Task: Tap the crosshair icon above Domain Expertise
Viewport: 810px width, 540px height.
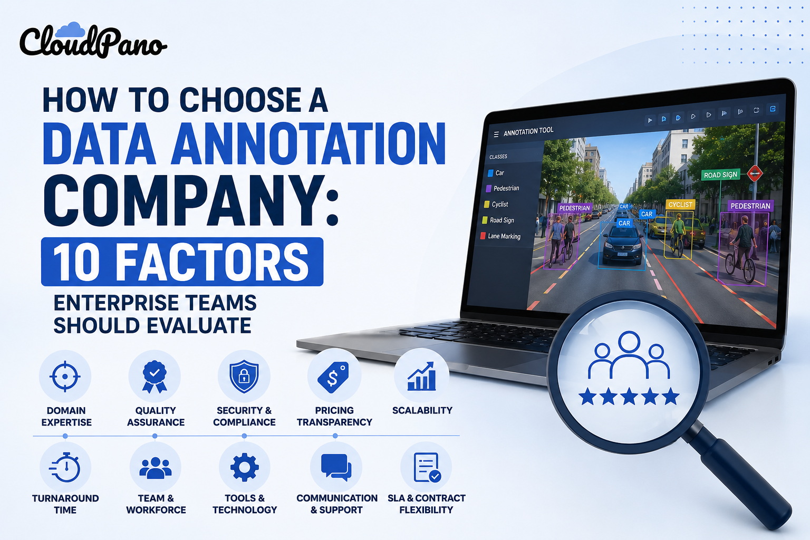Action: (x=65, y=376)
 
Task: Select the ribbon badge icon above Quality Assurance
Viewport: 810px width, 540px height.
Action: (x=155, y=377)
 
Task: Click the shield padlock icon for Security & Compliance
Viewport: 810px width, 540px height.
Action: (x=244, y=376)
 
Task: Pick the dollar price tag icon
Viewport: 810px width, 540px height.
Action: (x=333, y=377)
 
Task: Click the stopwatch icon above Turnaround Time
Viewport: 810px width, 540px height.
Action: (x=65, y=467)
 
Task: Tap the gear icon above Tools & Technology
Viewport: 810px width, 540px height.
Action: (x=245, y=467)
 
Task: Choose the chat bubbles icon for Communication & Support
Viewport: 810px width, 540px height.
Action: (x=336, y=467)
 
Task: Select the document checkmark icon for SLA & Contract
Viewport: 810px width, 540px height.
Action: (x=427, y=467)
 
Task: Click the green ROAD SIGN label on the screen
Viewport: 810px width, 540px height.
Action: (x=720, y=175)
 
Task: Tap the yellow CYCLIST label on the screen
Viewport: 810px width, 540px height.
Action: (x=680, y=205)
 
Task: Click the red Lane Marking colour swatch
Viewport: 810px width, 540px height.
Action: (x=483, y=236)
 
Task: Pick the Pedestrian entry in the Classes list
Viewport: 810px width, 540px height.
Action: (x=503, y=188)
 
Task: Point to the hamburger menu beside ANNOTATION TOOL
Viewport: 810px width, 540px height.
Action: (x=496, y=134)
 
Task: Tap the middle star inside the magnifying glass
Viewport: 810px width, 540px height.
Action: (x=629, y=396)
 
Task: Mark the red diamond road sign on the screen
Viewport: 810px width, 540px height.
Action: (x=755, y=173)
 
